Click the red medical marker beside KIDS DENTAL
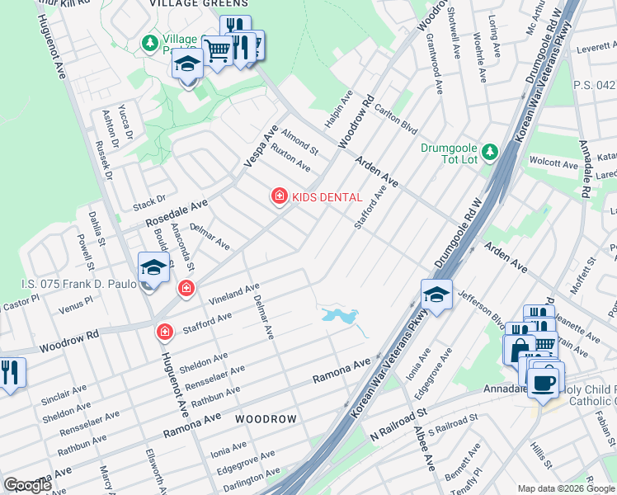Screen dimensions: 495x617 click(280, 196)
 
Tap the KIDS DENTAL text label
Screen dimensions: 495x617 click(327, 196)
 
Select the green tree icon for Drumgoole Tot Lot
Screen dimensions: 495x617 click(490, 151)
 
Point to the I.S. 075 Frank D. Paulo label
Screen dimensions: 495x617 click(73, 285)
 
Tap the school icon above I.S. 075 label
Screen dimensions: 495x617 click(153, 268)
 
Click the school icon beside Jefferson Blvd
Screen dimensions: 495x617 click(436, 293)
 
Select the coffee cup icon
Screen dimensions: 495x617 click(544, 383)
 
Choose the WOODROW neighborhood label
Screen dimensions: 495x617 click(265, 419)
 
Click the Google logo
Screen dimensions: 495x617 click(27, 485)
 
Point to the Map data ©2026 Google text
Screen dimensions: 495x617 click(565, 488)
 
